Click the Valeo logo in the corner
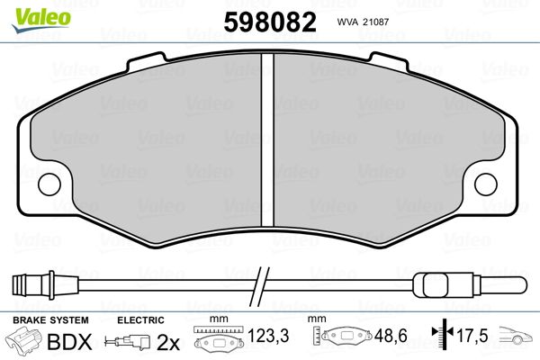click(x=41, y=20)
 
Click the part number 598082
click(x=270, y=22)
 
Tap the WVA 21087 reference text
click(x=363, y=22)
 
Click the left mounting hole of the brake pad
click(x=49, y=184)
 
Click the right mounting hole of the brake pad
click(x=486, y=184)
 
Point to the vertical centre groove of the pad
click(x=267, y=139)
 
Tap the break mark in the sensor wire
click(x=261, y=286)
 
